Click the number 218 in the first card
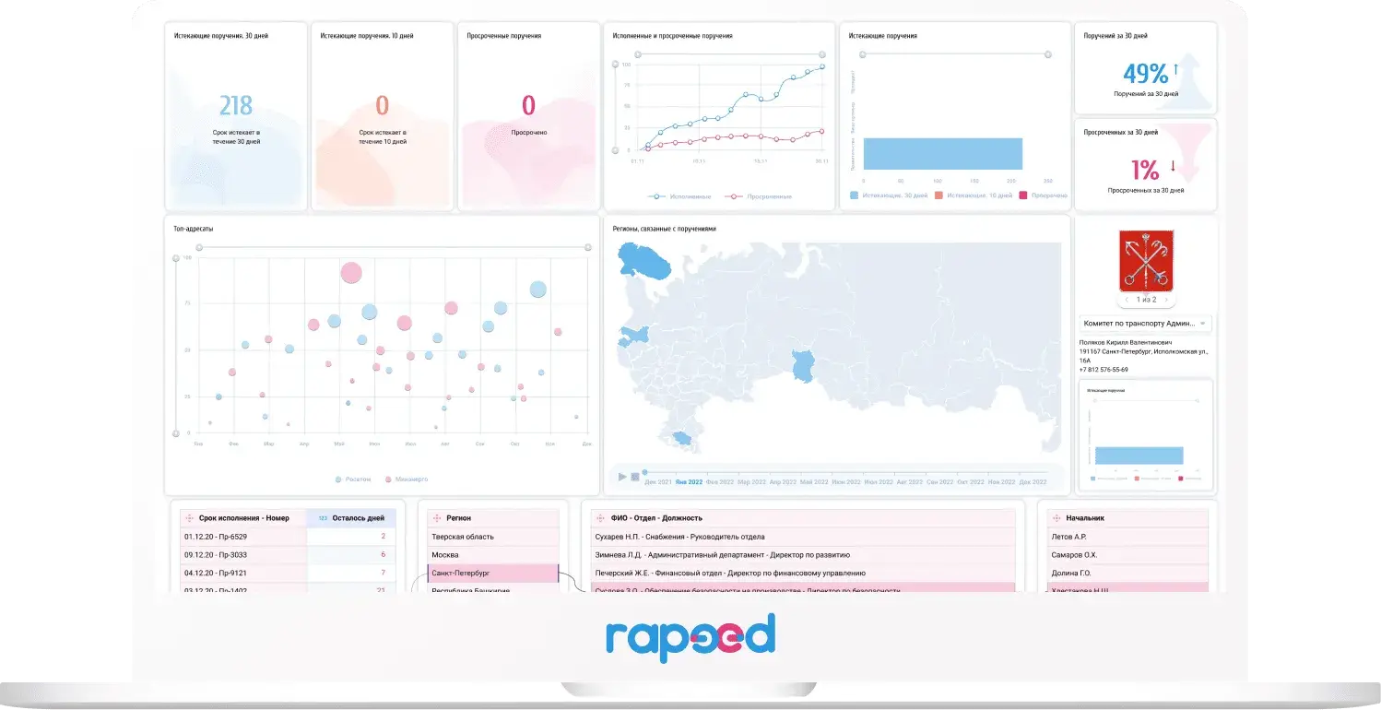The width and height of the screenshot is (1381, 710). [x=236, y=106]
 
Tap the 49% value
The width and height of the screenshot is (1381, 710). [x=1145, y=74]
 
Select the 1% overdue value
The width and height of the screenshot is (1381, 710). [x=1144, y=170]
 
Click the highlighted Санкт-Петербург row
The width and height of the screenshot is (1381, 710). [x=492, y=574]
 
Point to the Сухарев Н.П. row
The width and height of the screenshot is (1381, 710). [x=680, y=537]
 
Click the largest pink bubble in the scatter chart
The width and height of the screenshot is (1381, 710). [x=351, y=272]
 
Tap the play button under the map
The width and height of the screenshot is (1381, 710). [x=622, y=477]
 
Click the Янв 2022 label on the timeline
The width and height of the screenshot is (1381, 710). [x=689, y=482]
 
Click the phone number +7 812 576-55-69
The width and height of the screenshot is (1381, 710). [x=1104, y=370]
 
